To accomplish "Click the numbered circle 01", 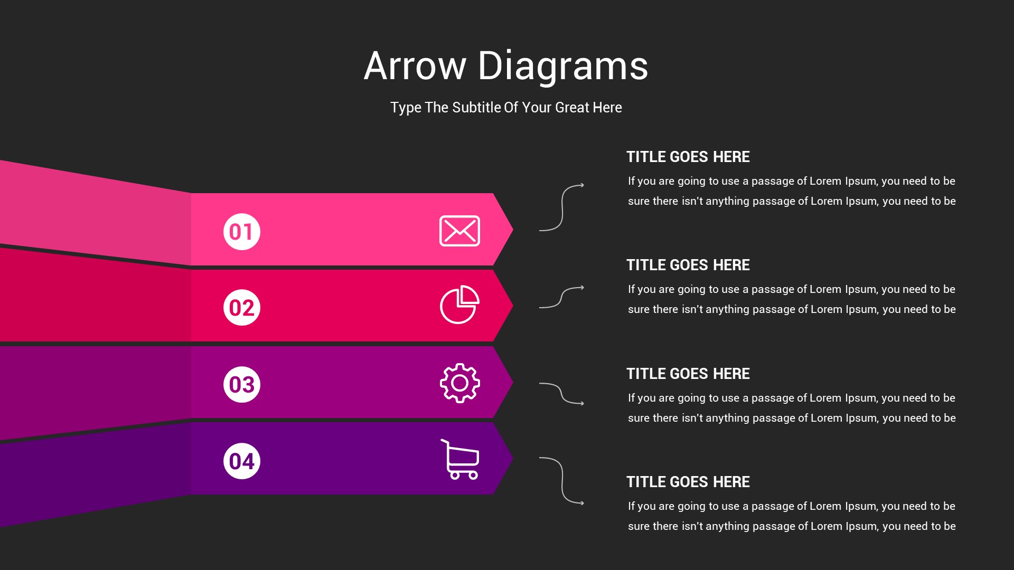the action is (242, 232).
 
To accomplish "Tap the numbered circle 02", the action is (242, 308).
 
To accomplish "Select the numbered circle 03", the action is (242, 384).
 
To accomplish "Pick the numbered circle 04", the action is (242, 461).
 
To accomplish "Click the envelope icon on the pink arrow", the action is (459, 231).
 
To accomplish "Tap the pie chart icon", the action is (459, 305).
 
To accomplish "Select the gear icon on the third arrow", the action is (460, 383).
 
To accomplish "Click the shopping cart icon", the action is (460, 459).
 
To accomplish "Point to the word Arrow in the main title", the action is (415, 66).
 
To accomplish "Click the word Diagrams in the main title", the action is (563, 66).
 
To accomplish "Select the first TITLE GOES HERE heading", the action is (688, 157).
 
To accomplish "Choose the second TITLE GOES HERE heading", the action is (688, 265).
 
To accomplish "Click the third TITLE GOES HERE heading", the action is (688, 374).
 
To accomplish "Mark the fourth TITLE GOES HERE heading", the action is (688, 482).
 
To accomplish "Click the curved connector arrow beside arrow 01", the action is (562, 207).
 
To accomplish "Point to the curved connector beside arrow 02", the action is (561, 298).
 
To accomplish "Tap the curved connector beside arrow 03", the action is (561, 394).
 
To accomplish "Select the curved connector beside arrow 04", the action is (562, 480).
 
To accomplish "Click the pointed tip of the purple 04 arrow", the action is (513, 458).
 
